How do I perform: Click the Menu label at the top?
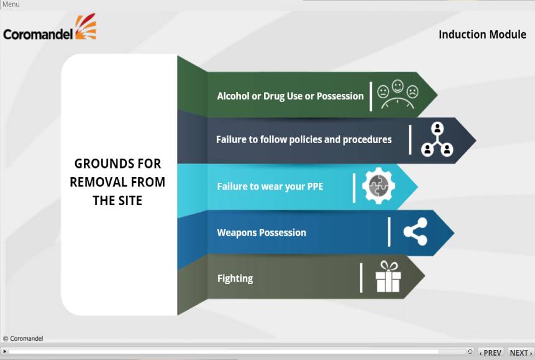[11, 4]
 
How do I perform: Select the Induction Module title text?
[482, 34]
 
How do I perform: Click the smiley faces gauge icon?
[398, 95]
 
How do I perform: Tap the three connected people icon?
[437, 140]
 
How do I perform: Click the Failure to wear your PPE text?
[270, 187]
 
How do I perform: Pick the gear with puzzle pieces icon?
[378, 186]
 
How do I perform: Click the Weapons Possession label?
[262, 233]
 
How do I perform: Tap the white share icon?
[415, 232]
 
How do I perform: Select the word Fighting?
[235, 279]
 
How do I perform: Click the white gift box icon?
[388, 277]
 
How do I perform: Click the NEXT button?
[521, 353]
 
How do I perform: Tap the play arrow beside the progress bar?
[5, 351]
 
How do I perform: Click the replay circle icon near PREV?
[470, 351]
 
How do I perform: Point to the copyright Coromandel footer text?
[23, 338]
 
